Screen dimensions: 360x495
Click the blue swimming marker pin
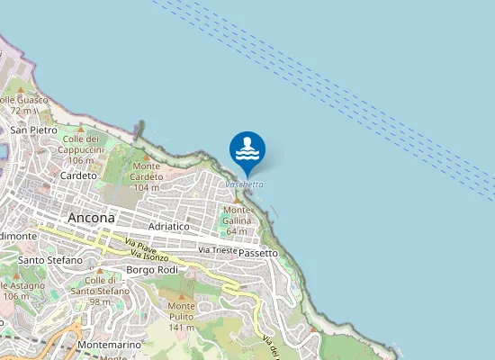tap(247, 150)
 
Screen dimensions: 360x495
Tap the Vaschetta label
tap(245, 184)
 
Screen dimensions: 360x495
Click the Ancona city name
tap(91, 218)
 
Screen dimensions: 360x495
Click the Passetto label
tap(258, 253)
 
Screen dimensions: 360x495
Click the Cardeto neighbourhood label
tap(77, 175)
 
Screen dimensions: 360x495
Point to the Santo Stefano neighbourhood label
tap(49, 260)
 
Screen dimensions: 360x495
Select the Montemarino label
tap(110, 346)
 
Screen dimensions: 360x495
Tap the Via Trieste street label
tap(218, 249)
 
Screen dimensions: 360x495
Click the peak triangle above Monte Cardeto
tap(147, 157)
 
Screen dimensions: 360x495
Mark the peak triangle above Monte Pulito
tap(182, 295)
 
